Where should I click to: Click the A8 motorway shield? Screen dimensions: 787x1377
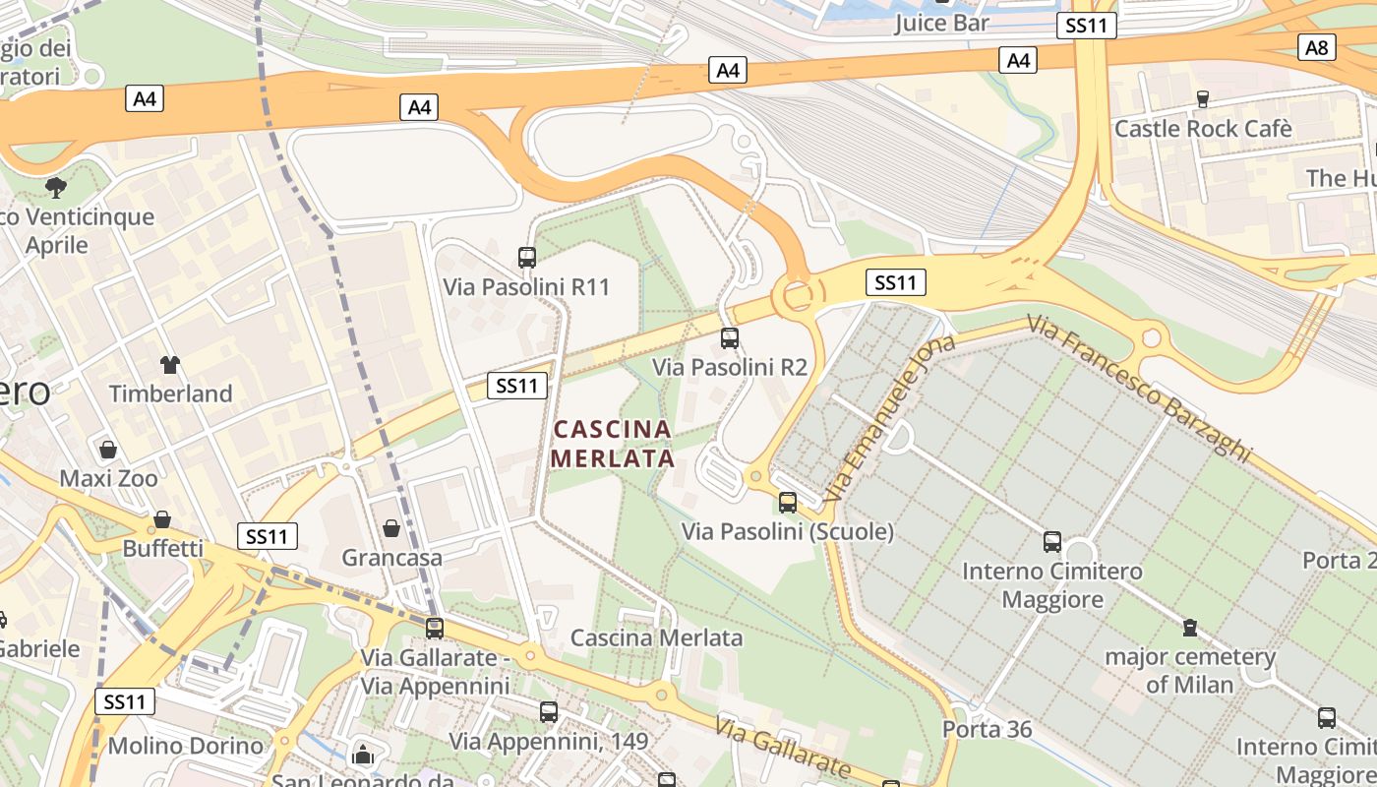point(1317,46)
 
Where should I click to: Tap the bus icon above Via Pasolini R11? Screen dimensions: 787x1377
point(527,258)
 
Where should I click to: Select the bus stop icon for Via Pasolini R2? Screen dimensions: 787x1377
point(729,338)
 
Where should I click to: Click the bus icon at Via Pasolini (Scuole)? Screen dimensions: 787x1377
point(787,503)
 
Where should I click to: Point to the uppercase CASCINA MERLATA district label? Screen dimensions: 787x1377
point(612,444)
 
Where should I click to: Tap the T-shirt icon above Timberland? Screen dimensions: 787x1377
point(170,365)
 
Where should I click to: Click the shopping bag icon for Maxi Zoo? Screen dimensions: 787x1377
point(108,450)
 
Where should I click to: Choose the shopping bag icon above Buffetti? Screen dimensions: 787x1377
point(162,518)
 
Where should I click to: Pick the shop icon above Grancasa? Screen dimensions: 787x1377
point(391,528)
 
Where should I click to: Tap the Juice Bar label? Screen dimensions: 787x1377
point(941,23)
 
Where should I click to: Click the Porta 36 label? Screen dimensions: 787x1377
point(988,729)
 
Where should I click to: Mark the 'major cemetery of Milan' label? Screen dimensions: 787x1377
point(1189,670)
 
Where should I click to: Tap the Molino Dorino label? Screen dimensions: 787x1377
point(186,746)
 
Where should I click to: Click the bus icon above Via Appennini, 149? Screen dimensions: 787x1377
point(549,711)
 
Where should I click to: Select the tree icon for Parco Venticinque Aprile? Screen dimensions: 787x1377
point(56,187)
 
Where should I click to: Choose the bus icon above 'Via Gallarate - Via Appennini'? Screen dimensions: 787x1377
point(434,628)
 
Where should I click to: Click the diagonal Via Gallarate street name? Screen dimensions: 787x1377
point(783,749)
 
